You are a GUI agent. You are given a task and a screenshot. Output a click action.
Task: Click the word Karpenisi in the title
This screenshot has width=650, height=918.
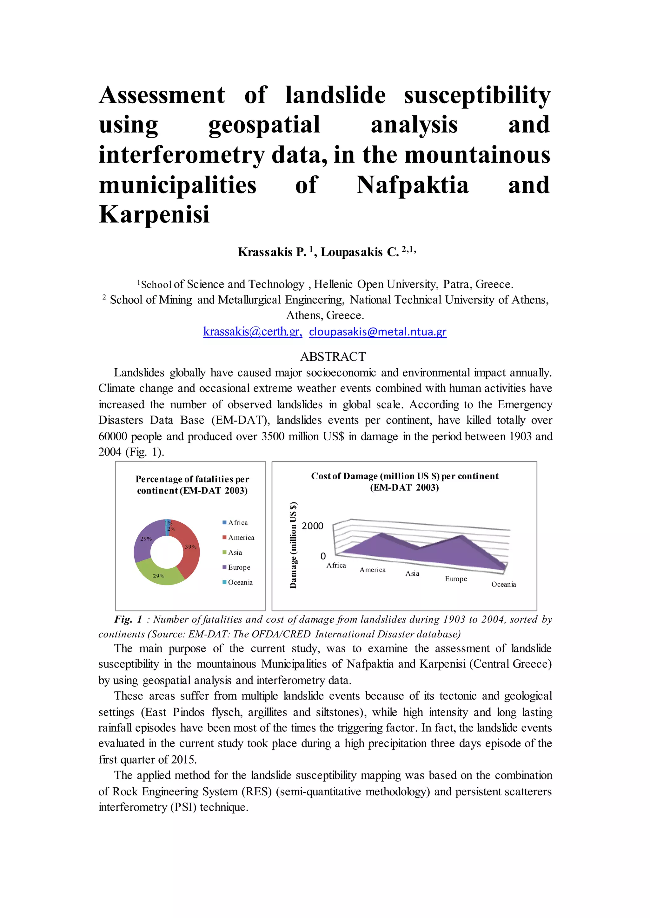pos(154,215)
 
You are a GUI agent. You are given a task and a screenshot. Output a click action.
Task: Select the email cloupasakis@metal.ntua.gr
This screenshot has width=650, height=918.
pos(377,332)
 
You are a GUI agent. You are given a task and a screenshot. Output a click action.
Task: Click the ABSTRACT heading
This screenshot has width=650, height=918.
pos(333,356)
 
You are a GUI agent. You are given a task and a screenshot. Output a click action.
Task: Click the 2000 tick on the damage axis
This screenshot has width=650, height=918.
pos(312,526)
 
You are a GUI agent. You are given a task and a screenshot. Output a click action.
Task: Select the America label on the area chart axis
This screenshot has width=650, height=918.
pos(372,570)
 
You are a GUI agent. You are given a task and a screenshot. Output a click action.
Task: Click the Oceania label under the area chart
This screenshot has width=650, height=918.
pos(503,585)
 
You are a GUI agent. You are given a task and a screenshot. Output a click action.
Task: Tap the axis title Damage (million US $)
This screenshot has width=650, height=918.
pos(293,545)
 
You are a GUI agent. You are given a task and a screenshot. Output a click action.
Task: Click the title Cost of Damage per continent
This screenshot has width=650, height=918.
pos(405,482)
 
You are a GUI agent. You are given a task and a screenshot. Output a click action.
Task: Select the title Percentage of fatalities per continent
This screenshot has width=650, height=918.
pos(192,485)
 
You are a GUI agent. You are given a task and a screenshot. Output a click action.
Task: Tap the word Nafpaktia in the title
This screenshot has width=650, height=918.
pos(412,185)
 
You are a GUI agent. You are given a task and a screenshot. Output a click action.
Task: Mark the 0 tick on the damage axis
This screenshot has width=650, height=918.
pos(322,556)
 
